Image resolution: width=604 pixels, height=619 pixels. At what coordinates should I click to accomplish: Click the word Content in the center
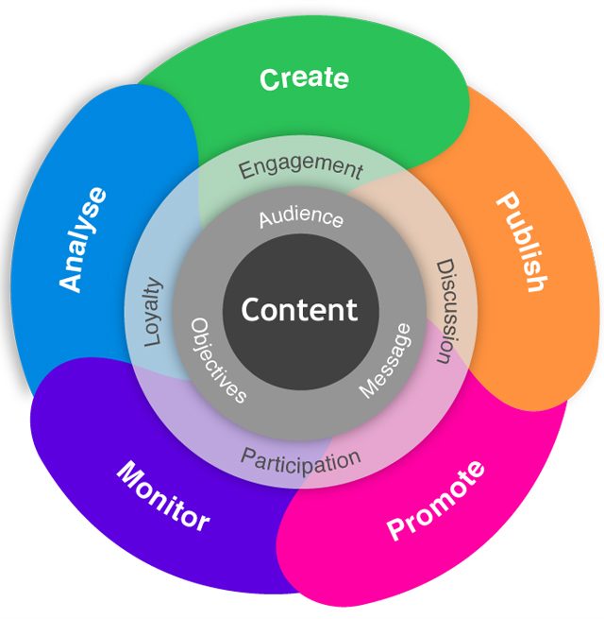pyautogui.click(x=299, y=310)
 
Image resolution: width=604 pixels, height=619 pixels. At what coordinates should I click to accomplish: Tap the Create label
pyautogui.click(x=304, y=78)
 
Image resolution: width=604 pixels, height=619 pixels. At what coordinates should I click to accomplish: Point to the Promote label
pyautogui.click(x=436, y=501)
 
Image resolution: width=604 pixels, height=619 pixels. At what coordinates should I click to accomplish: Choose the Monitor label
pyautogui.click(x=163, y=495)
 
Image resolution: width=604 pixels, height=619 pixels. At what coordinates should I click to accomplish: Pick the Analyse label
pyautogui.click(x=83, y=240)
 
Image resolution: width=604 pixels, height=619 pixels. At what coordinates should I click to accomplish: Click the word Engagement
pyautogui.click(x=300, y=168)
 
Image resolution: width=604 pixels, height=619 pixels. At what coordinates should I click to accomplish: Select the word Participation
pyautogui.click(x=300, y=461)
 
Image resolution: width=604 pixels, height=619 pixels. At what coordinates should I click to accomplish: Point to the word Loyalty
pyautogui.click(x=154, y=312)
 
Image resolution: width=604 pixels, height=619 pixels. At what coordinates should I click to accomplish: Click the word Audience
pyautogui.click(x=301, y=217)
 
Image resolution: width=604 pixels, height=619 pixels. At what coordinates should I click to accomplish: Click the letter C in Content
pyautogui.click(x=252, y=310)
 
